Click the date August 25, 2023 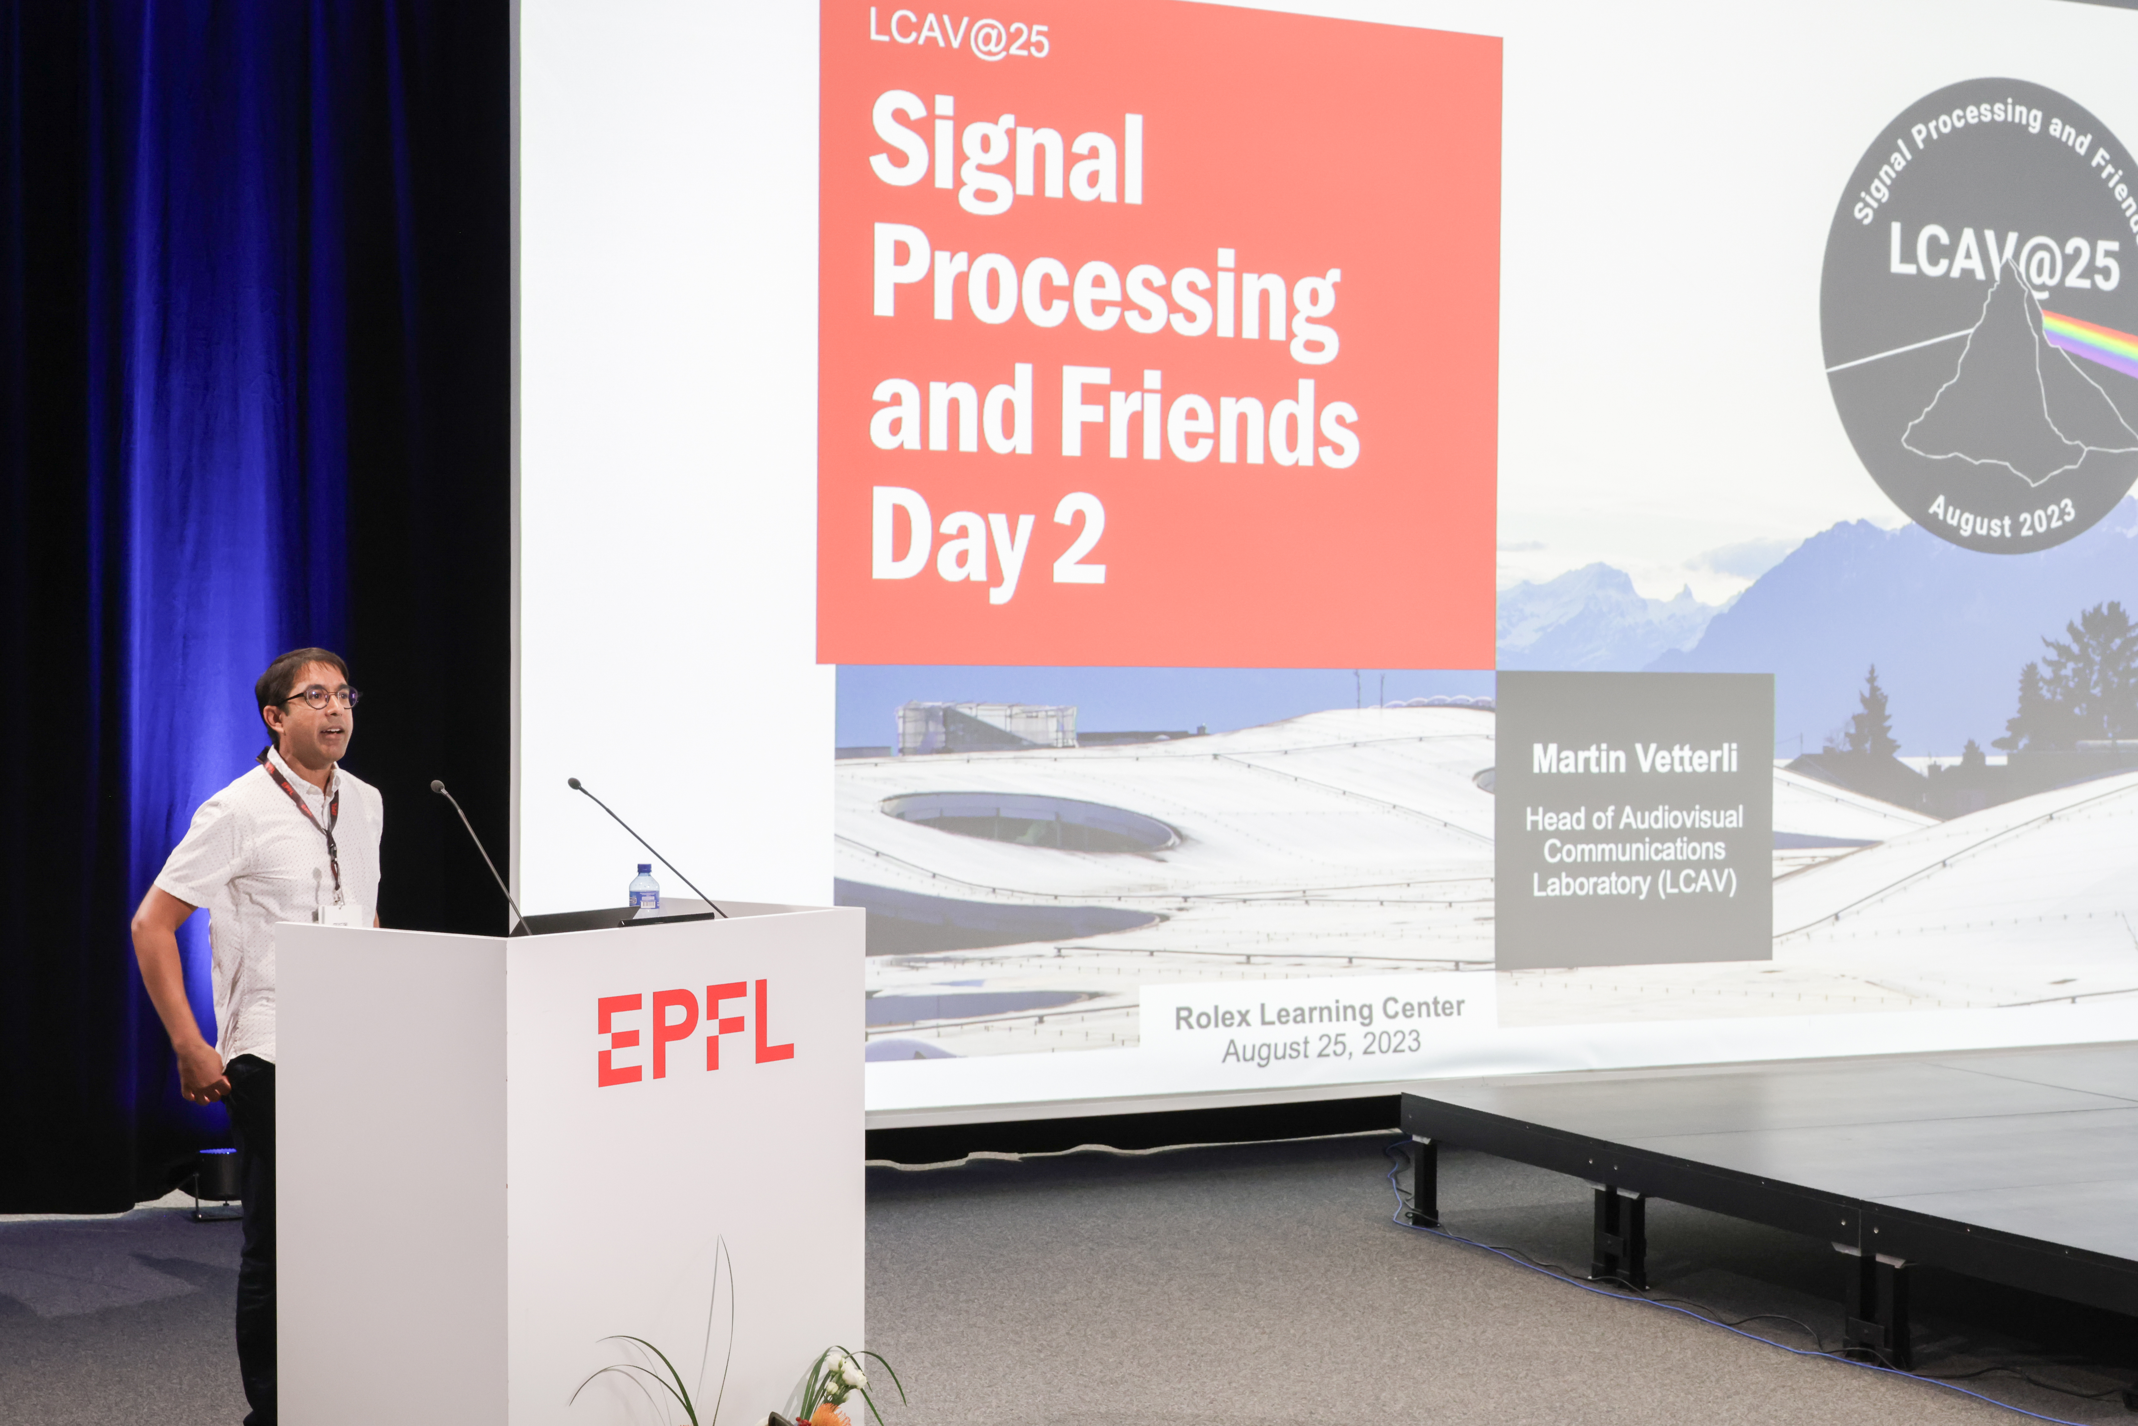tap(1321, 1047)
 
